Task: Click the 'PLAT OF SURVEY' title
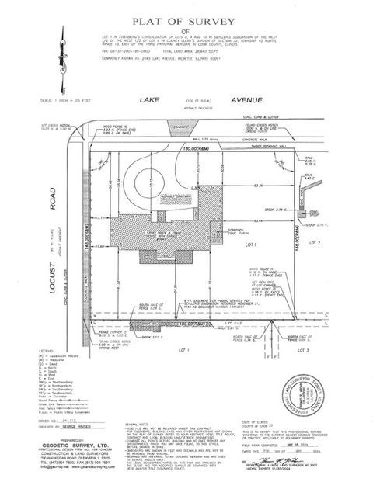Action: [186, 23]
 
